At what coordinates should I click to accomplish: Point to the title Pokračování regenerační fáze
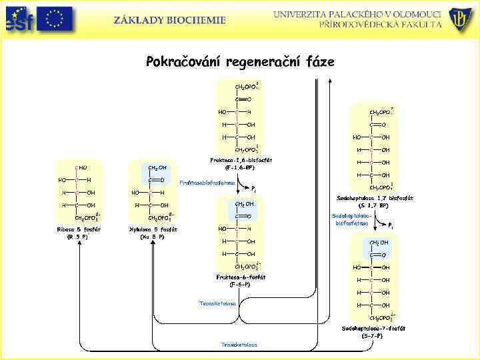240,62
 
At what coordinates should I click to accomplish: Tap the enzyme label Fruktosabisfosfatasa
208,182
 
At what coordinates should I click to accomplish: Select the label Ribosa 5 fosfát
79,229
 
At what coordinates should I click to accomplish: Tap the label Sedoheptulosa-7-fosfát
373,329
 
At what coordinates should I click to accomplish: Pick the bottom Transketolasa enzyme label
239,344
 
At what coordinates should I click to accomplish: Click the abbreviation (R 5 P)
79,237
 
